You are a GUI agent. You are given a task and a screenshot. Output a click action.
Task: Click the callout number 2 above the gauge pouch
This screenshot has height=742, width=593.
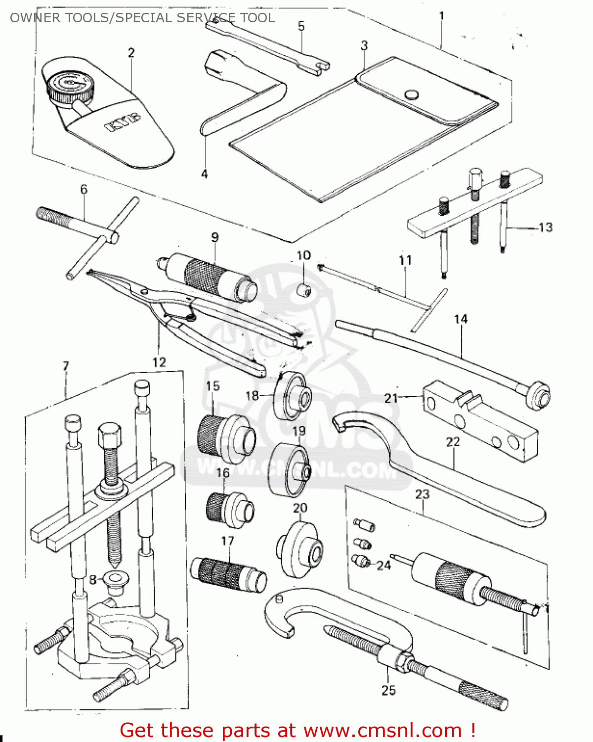click(x=131, y=52)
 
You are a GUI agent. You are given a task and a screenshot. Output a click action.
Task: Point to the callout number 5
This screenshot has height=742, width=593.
click(x=301, y=26)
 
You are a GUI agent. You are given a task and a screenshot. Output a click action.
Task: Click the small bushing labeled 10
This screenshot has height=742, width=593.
click(x=303, y=290)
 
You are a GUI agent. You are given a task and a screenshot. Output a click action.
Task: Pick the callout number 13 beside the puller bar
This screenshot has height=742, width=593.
click(x=545, y=228)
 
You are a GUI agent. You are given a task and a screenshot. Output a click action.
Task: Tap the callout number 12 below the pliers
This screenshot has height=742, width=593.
click(x=159, y=362)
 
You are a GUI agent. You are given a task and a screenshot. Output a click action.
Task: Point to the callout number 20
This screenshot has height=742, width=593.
click(x=300, y=508)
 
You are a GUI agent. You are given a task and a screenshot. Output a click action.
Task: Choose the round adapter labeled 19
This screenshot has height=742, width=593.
click(x=291, y=470)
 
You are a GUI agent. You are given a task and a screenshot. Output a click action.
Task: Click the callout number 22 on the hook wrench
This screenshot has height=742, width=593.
click(x=453, y=442)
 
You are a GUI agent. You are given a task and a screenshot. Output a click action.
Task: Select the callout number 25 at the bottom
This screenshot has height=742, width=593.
click(x=388, y=690)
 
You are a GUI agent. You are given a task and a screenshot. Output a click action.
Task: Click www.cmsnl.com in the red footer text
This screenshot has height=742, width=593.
click(x=382, y=730)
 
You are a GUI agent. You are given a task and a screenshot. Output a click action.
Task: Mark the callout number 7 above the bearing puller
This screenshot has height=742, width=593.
click(x=66, y=366)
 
